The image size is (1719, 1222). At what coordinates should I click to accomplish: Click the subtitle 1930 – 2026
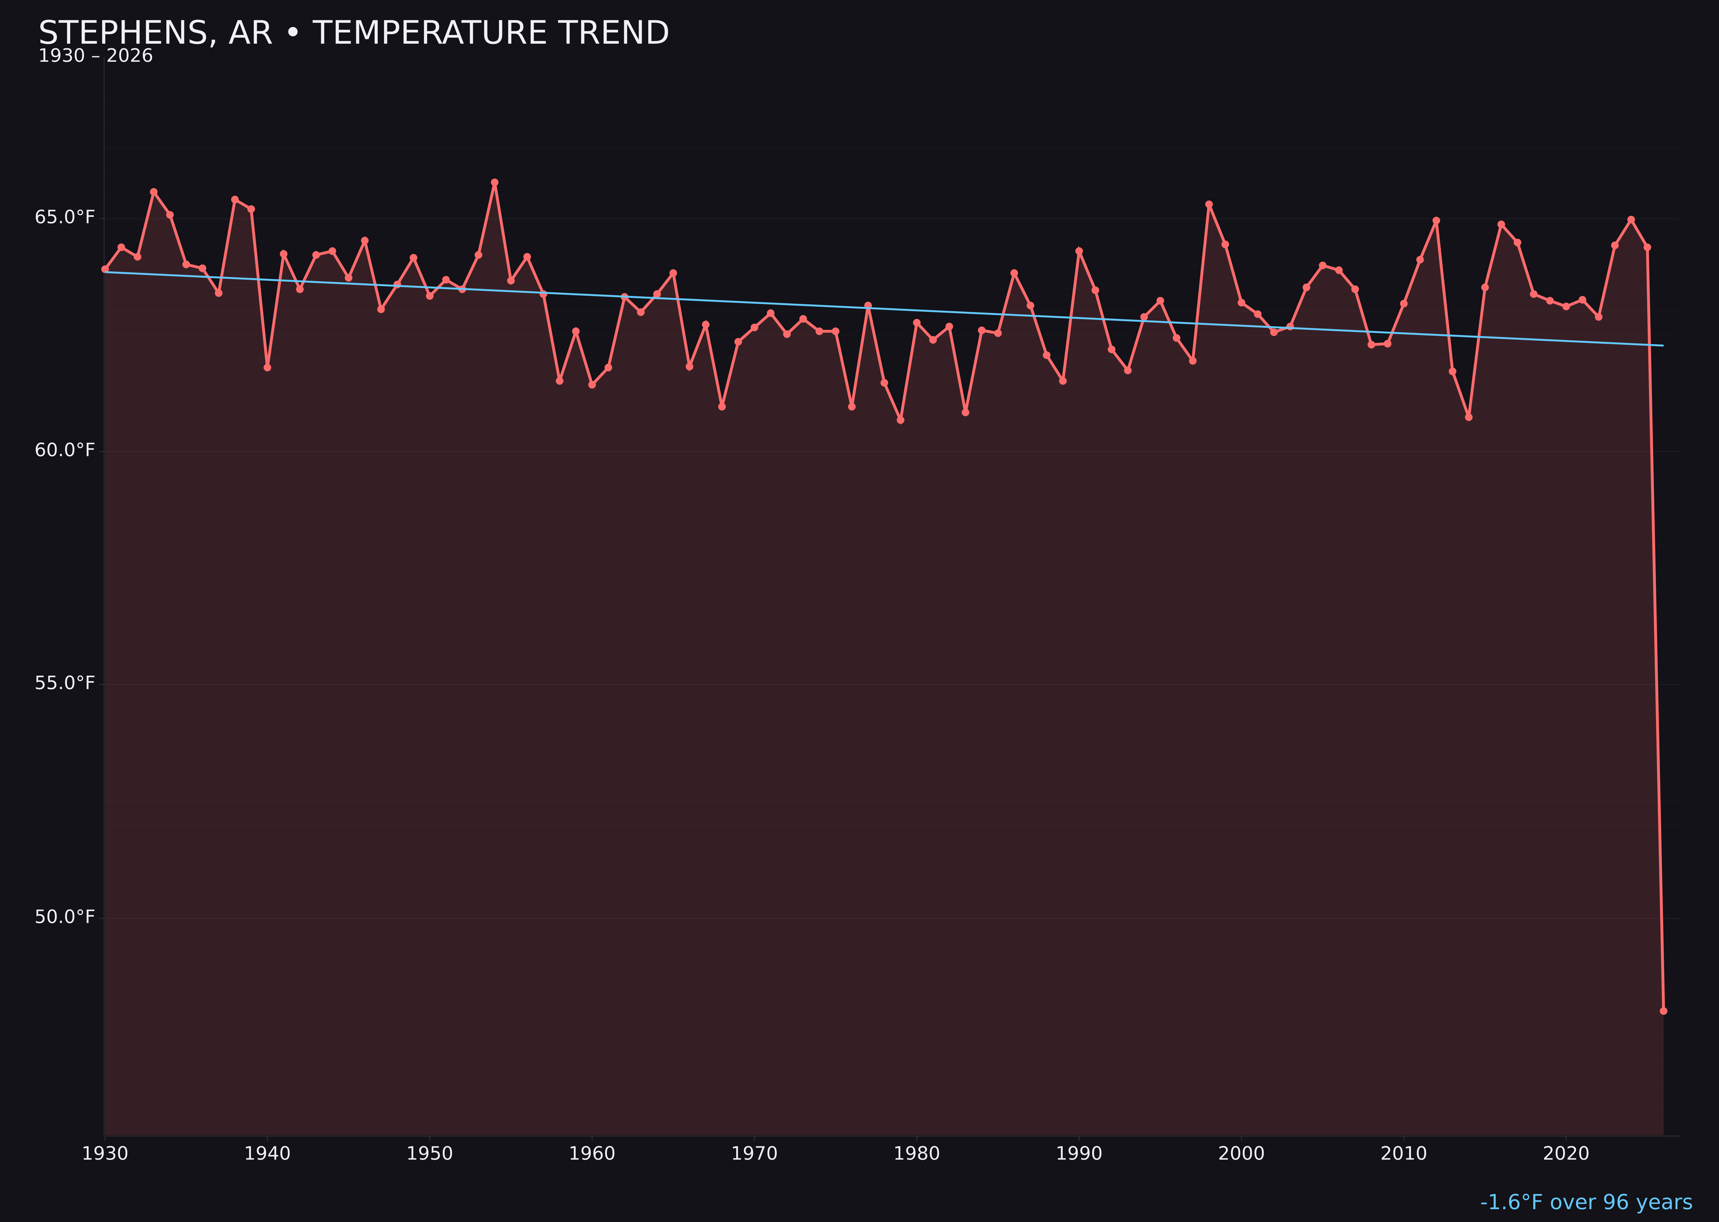(95, 56)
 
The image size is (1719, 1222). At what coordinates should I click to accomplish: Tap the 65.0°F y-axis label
(65, 217)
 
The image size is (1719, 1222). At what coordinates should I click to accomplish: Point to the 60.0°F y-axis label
(65, 450)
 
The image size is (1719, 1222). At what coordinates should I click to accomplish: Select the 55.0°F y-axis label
(65, 683)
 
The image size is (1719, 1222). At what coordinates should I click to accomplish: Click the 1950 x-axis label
(430, 1154)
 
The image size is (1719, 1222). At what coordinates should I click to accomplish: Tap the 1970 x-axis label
(754, 1154)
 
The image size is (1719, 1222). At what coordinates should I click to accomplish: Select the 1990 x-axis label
(1079, 1154)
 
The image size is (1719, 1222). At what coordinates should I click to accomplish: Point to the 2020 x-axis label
(1566, 1154)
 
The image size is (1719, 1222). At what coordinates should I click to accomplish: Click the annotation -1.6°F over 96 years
(1586, 1202)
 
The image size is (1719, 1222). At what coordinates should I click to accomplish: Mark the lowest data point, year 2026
(1663, 1011)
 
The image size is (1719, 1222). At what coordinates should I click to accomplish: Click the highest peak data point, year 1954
(495, 182)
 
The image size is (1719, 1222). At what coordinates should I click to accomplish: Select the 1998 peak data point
(1209, 204)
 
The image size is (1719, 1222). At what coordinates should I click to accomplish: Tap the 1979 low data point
(900, 420)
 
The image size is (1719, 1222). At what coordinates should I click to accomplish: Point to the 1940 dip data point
(267, 367)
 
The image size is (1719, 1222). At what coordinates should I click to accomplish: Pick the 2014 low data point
(1468, 417)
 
